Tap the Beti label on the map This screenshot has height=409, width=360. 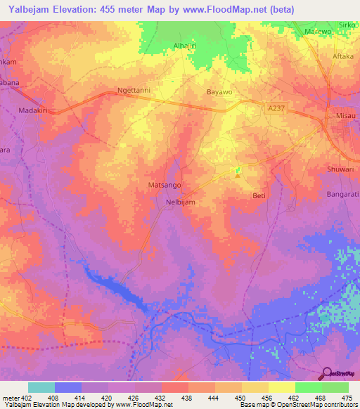click(x=259, y=196)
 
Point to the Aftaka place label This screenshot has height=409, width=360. click(x=343, y=56)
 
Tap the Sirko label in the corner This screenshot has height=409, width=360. click(x=347, y=24)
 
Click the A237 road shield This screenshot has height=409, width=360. click(x=276, y=108)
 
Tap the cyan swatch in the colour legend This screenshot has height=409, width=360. click(x=41, y=387)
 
